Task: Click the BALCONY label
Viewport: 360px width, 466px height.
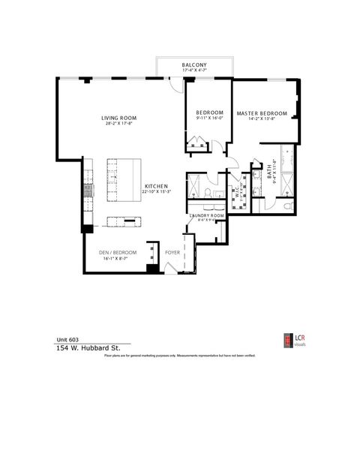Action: (194, 65)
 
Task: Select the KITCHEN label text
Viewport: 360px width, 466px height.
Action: (155, 186)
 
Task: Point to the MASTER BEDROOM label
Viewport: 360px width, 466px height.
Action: (262, 113)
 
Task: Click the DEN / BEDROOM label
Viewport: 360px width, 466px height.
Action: (118, 253)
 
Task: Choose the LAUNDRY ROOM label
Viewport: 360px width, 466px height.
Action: (206, 215)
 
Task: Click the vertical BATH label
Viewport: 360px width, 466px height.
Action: (270, 172)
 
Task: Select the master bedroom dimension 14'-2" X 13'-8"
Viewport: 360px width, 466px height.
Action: (262, 119)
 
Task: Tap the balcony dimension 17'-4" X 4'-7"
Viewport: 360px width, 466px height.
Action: (194, 71)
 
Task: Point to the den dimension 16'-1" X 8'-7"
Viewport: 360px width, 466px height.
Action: (118, 259)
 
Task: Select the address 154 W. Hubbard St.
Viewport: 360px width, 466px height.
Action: (87, 347)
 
